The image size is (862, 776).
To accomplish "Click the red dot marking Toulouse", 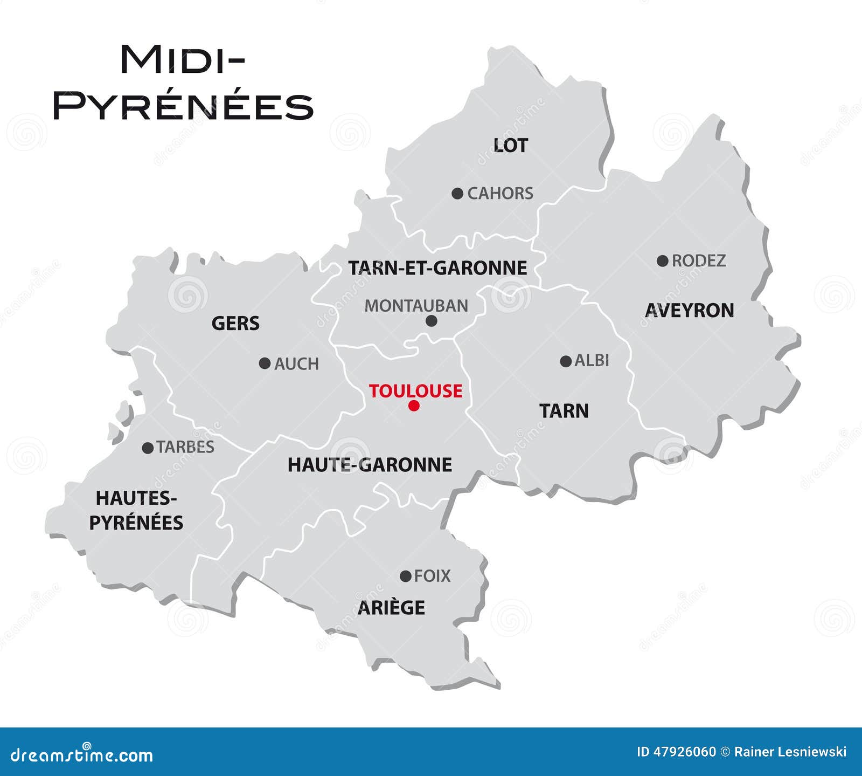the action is [x=414, y=406].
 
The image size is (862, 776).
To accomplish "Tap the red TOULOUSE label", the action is [x=415, y=390].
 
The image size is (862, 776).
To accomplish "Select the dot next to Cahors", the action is [x=457, y=194].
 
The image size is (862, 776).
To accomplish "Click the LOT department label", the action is [x=511, y=145].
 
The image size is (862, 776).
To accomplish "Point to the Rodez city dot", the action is [x=663, y=261].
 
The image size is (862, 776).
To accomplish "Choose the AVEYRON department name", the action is [x=689, y=311].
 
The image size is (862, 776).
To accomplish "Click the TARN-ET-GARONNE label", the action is [x=437, y=268].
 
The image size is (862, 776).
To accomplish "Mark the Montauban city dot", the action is [x=432, y=321].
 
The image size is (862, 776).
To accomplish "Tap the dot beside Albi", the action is [x=566, y=361].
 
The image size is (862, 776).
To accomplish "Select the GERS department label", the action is [x=235, y=324].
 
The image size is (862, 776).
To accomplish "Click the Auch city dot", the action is [x=265, y=363].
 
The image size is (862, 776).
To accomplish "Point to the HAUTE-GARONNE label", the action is [x=370, y=465].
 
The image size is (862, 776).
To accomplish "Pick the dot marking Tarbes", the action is [x=148, y=448].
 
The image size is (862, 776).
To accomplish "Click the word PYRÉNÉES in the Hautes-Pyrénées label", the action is [x=136, y=523].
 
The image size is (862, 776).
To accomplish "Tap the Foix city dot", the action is [x=406, y=576].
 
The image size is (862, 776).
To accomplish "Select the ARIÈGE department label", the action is [x=392, y=608].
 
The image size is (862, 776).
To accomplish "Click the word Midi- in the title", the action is [x=182, y=59].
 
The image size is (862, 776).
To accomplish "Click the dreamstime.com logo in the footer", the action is [x=81, y=755].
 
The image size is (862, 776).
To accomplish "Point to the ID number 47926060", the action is [x=684, y=752].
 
